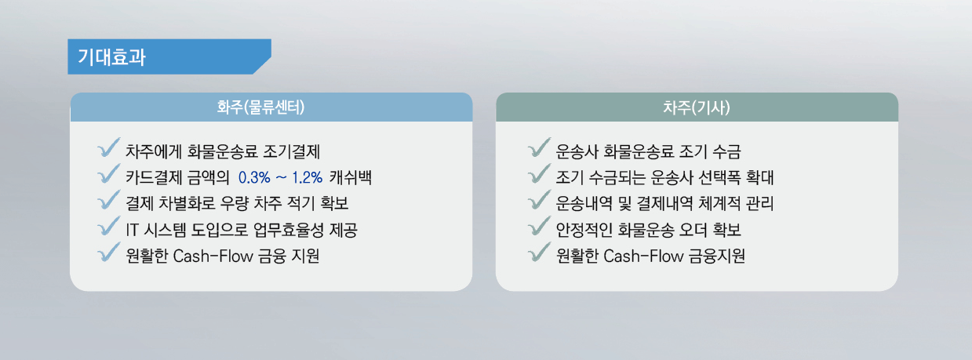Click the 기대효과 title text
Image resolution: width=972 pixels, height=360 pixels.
[x=111, y=57]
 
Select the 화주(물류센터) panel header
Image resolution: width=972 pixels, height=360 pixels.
[x=271, y=107]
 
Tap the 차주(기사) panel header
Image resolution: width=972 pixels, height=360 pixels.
[x=697, y=107]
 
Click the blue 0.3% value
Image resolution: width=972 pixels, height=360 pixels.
[x=254, y=177]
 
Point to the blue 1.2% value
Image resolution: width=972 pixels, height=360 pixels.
[x=308, y=177]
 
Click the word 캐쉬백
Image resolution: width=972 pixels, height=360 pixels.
[x=351, y=177]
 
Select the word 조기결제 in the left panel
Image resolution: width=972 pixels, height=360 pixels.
[x=292, y=151]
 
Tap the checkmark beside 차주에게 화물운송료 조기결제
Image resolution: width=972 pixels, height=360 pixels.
[x=108, y=148]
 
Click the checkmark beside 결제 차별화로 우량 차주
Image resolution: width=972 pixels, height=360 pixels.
[x=108, y=200]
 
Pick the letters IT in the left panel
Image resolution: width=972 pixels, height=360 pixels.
[x=132, y=230]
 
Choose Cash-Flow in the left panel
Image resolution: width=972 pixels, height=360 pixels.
[x=213, y=256]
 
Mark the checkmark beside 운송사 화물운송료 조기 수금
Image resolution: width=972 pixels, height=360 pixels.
[x=540, y=148]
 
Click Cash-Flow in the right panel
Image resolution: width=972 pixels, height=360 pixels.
[x=643, y=256]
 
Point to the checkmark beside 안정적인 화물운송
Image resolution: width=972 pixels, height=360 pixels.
[x=540, y=227]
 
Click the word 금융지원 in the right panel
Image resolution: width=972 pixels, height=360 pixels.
[x=717, y=256]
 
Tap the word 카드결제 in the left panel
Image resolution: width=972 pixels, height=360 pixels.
[x=154, y=177]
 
